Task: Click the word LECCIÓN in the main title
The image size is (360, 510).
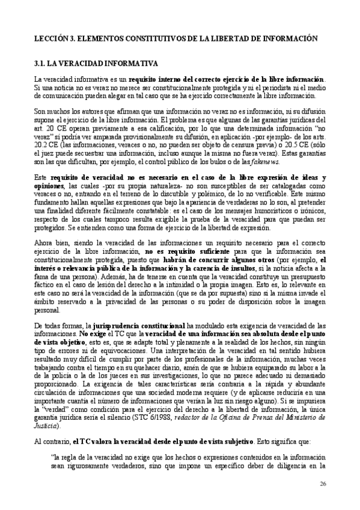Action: [x=50, y=37]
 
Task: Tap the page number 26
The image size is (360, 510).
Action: [x=323, y=484]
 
